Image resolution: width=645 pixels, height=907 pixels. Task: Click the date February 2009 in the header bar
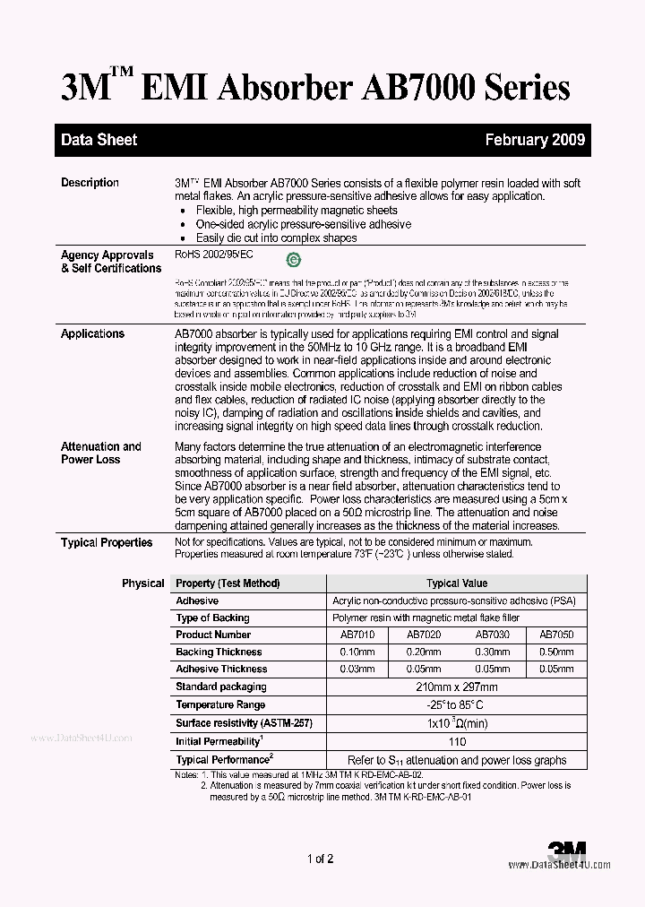click(535, 140)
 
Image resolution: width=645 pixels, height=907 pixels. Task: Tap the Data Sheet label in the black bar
click(99, 140)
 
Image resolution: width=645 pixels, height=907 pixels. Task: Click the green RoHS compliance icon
click(292, 261)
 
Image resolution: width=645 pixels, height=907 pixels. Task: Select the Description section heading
click(90, 183)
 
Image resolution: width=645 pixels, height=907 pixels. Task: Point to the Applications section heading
click(92, 333)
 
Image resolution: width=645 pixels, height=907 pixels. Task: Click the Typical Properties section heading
click(107, 542)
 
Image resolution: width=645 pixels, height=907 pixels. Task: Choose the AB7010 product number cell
click(357, 635)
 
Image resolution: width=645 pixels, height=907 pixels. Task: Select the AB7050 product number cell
click(555, 635)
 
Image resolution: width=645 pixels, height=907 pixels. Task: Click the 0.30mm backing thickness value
click(492, 652)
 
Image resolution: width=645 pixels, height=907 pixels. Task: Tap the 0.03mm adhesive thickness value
click(357, 669)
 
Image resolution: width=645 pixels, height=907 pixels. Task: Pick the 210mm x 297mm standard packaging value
click(456, 687)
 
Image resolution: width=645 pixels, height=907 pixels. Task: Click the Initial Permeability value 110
click(456, 742)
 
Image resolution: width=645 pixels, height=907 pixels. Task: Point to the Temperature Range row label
click(219, 705)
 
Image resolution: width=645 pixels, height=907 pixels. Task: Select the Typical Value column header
click(456, 583)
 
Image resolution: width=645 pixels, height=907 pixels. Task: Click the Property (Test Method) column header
click(228, 583)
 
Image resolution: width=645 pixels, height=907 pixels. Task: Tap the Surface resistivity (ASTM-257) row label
click(244, 723)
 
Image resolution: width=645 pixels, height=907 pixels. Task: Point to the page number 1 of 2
click(320, 859)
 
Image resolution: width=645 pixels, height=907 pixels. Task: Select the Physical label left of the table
click(142, 583)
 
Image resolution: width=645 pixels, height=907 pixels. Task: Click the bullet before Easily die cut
click(183, 238)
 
